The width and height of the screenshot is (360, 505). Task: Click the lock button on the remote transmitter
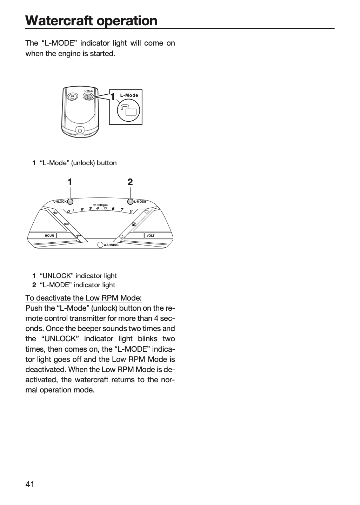(x=72, y=97)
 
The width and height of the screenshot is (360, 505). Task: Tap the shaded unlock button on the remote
(x=88, y=97)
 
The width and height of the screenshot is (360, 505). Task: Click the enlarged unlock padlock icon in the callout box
(x=128, y=110)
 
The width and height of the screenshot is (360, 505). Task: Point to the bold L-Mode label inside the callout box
(x=129, y=95)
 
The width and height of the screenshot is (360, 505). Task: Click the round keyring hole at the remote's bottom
(x=80, y=130)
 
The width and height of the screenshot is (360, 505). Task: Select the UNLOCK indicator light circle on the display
(x=70, y=202)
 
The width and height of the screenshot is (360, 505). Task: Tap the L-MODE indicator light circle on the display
(x=131, y=202)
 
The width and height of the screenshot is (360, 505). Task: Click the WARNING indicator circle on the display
(x=100, y=245)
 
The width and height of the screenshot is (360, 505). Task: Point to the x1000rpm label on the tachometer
(x=100, y=205)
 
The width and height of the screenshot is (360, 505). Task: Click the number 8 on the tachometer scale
(x=131, y=211)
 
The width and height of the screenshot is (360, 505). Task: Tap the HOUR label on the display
(x=49, y=236)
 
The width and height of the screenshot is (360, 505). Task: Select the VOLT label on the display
(x=151, y=236)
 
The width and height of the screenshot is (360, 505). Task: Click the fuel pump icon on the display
(x=134, y=224)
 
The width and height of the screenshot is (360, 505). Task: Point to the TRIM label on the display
(x=67, y=224)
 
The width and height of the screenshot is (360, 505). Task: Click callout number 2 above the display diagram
(x=130, y=182)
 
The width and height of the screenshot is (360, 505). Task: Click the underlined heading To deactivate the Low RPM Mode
(x=84, y=298)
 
